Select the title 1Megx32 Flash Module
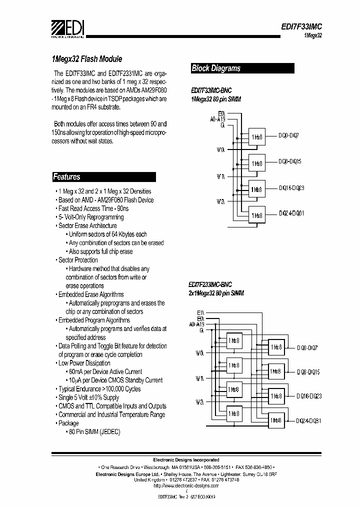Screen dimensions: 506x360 (x=87, y=58)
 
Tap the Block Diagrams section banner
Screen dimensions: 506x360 (x=216, y=68)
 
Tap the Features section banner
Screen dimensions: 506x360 (x=67, y=176)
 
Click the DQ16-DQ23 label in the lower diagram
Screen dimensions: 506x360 (x=308, y=395)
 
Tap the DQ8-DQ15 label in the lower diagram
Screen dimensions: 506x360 (x=308, y=372)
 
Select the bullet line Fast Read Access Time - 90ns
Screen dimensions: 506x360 (x=93, y=208)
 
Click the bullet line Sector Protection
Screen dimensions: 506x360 (x=78, y=260)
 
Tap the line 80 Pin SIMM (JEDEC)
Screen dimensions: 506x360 (x=95, y=431)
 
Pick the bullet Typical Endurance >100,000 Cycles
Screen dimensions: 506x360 (x=99, y=389)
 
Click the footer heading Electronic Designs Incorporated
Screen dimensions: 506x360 (x=185, y=459)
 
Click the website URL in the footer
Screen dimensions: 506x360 (x=185, y=485)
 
